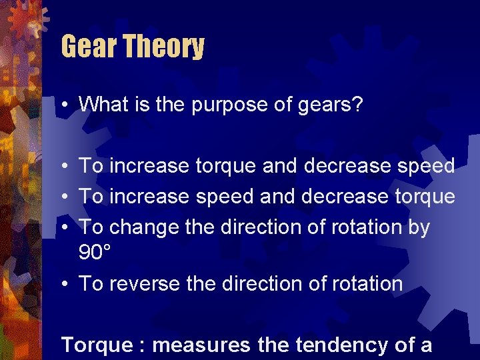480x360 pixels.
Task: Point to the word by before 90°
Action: [418, 227]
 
